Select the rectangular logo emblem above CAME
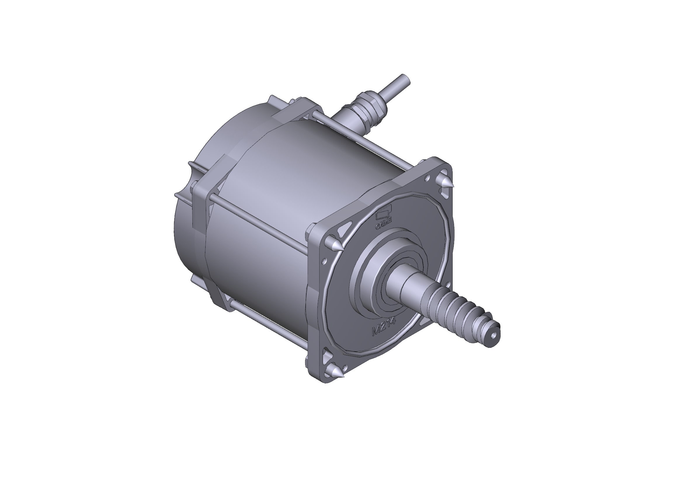pyautogui.click(x=384, y=212)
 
